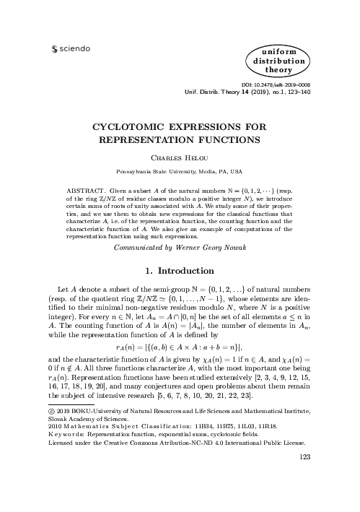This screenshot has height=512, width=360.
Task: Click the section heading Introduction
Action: point(190,272)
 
